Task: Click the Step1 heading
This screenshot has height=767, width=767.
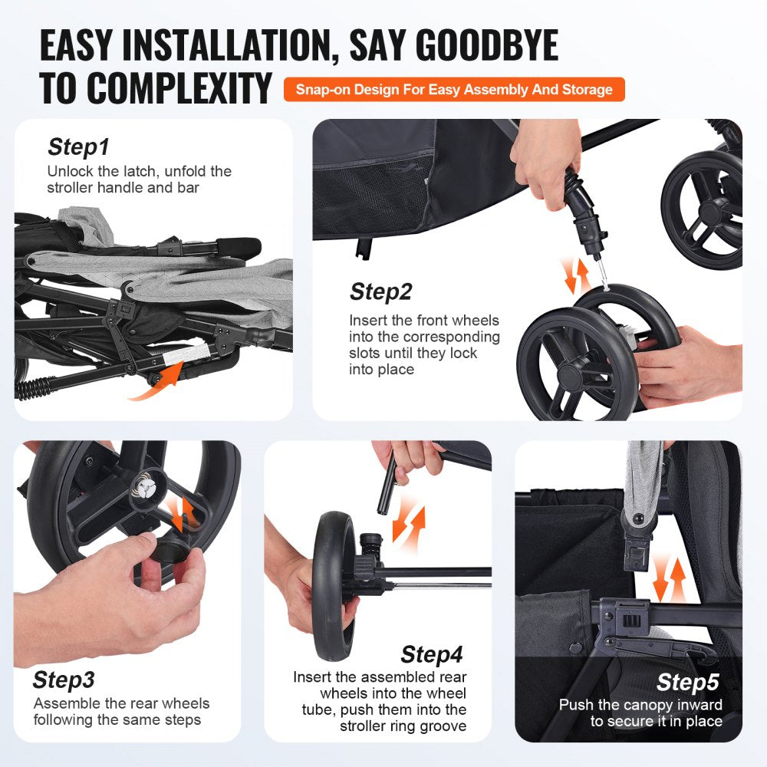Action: (78, 146)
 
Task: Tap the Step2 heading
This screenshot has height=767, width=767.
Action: (380, 292)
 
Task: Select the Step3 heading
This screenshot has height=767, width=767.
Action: (64, 680)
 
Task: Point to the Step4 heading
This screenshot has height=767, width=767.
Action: (432, 654)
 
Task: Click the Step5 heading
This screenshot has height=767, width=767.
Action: (688, 682)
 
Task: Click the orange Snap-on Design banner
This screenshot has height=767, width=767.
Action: (454, 90)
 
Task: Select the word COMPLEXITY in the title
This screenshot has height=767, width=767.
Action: (156, 89)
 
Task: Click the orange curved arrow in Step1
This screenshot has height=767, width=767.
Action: (158, 384)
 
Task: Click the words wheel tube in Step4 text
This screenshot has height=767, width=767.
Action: (420, 693)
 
